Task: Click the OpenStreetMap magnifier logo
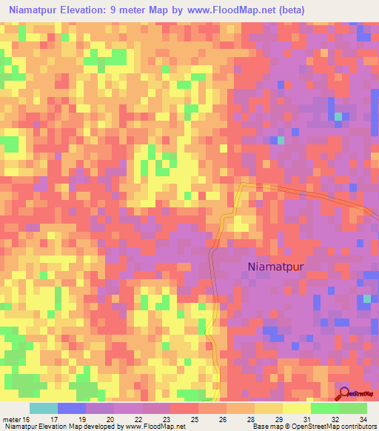coord(343,393)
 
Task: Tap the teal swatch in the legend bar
coord(43,409)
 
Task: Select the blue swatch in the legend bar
coord(71,409)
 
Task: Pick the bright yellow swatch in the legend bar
coord(296,409)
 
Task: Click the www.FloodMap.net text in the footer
coord(153,426)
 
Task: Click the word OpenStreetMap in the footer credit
coord(308,426)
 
